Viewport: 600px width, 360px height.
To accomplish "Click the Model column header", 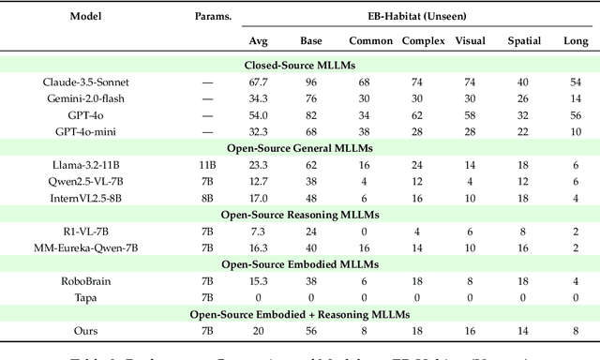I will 86,17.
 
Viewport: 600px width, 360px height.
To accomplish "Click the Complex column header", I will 424,41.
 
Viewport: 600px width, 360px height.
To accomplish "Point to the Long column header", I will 571,41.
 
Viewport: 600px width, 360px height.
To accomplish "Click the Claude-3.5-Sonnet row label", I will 86,82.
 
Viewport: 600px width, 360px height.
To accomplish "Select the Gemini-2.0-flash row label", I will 86,97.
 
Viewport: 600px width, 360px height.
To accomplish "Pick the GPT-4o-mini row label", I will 86,130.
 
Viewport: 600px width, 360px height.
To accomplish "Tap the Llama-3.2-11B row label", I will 86,163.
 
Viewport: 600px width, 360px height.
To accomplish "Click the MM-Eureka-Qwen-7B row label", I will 86,247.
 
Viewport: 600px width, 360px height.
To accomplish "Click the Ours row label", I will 86,330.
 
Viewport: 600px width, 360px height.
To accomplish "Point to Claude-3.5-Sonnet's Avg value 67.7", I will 259,82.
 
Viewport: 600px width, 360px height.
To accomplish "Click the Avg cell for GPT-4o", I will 259,114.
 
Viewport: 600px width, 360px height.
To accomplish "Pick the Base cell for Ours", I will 311,330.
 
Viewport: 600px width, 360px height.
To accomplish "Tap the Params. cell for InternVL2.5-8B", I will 208,197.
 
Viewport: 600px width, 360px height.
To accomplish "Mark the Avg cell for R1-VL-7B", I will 259,232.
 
